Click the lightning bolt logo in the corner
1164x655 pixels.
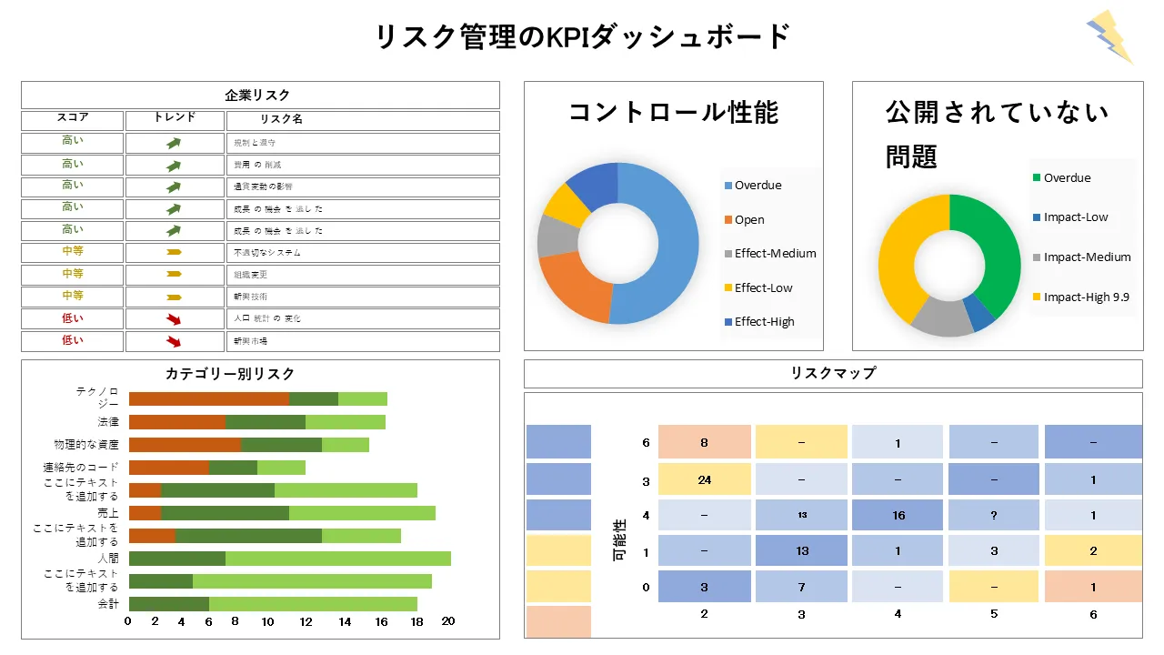1109,36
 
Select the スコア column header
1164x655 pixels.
73,119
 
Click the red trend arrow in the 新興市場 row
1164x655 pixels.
174,341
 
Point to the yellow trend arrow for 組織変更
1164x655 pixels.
174,274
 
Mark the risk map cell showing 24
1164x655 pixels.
705,479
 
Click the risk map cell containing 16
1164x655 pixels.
898,515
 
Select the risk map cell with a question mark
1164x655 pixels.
994,515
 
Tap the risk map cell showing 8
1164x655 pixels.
705,443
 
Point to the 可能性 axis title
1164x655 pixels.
621,539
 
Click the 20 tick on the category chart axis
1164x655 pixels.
447,622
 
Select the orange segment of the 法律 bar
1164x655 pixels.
177,422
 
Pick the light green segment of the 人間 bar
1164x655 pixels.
337,559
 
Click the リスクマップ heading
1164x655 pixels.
833,374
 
